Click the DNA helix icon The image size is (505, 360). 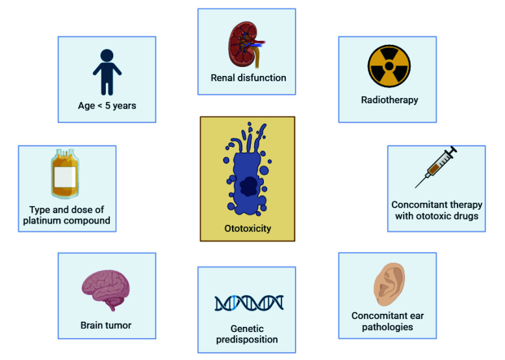tap(249, 303)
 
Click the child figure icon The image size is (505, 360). tap(107, 72)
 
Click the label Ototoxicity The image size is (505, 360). tap(247, 229)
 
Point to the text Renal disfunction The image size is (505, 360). tap(248, 79)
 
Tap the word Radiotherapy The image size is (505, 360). tap(389, 100)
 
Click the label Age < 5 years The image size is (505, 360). tap(106, 106)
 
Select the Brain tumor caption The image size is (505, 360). tap(107, 325)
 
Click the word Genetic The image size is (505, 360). tap(247, 329)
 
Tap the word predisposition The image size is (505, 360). tap(247, 340)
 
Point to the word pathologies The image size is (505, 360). tap(387, 327)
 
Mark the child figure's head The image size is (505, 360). tap(107, 55)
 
